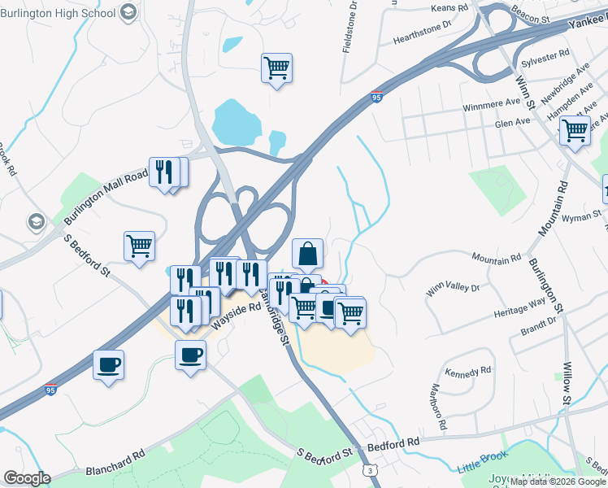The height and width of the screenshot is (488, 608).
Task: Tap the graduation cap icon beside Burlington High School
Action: coord(128,12)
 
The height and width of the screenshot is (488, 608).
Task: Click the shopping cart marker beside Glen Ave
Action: coord(575,130)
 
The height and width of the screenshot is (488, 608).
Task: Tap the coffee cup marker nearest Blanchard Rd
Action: coord(108,364)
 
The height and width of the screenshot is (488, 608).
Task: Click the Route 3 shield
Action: coord(371,470)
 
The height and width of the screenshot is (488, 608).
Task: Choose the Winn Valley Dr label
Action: coord(453,287)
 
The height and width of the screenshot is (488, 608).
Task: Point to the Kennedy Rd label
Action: coord(475,370)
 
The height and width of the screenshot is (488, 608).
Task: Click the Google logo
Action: coord(27,477)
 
